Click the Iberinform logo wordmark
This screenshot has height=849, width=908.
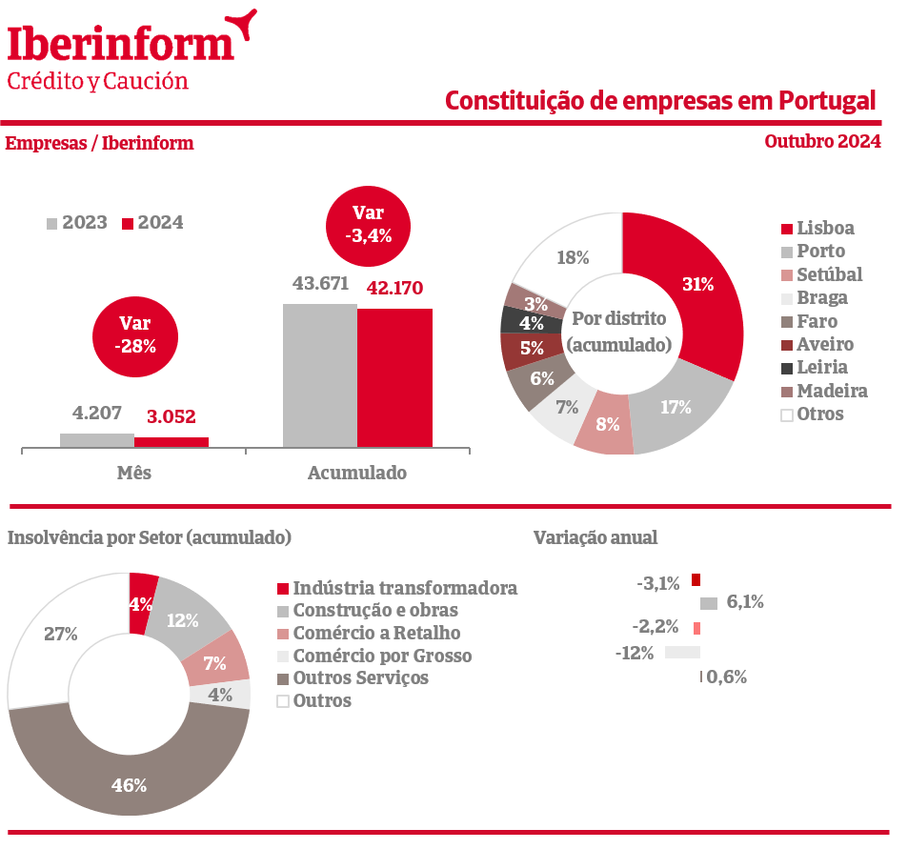tap(121, 43)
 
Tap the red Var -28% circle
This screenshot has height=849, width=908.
tap(134, 334)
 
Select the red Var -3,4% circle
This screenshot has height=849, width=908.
tap(368, 224)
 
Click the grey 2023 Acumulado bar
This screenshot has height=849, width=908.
tap(319, 375)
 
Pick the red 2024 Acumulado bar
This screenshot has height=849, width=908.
tap(394, 377)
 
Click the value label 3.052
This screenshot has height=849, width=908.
tap(172, 416)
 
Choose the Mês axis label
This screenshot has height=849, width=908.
tap(134, 473)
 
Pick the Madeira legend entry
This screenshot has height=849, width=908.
tap(823, 391)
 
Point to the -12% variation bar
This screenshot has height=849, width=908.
tap(681, 653)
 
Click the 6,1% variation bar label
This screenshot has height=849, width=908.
tap(744, 602)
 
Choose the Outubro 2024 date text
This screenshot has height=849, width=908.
tap(822, 142)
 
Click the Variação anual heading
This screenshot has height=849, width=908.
tap(595, 537)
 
